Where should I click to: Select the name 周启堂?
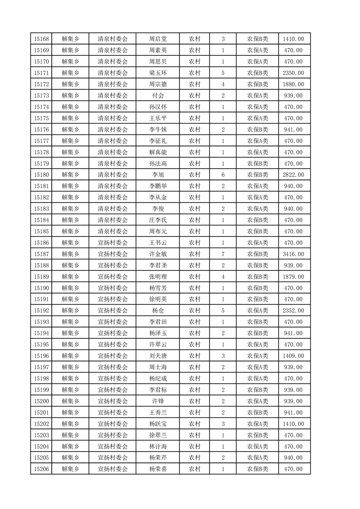point(158,39)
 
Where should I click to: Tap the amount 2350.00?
point(293,73)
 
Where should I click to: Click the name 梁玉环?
point(158,73)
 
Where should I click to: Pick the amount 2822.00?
point(293,175)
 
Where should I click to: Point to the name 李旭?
point(158,175)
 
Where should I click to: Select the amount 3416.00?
point(293,254)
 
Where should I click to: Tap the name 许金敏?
point(158,254)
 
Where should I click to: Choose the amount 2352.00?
point(293,311)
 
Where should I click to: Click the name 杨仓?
point(158,311)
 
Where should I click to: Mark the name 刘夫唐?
point(158,356)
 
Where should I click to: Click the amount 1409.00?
point(293,356)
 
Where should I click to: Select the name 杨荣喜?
point(158,469)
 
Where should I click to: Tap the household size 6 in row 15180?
point(223,175)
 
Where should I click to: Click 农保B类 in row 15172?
point(257,84)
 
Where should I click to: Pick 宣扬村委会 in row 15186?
point(113,243)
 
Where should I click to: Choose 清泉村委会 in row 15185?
point(113,231)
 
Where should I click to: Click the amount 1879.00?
point(293,277)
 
